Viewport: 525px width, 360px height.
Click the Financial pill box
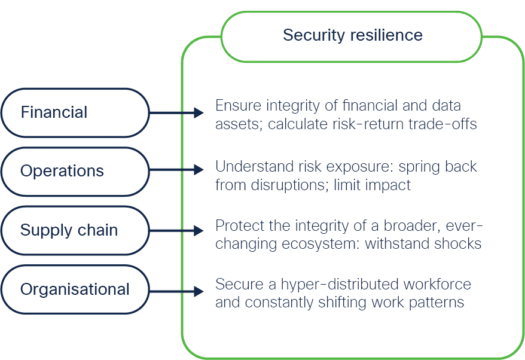click(75, 113)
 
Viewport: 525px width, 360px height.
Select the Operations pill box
click(75, 172)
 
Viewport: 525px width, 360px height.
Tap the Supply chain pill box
click(75, 230)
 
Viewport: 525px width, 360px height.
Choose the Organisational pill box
click(75, 289)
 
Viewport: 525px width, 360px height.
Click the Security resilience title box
click(352, 36)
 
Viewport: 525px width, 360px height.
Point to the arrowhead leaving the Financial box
click(199, 113)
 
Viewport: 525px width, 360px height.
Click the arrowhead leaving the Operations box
click(199, 170)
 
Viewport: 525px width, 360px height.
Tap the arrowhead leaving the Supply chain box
click(199, 231)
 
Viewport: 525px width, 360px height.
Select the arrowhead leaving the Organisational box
click(199, 291)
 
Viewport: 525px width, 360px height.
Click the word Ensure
click(239, 105)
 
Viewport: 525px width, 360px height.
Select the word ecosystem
click(321, 244)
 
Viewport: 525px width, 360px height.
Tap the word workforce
click(437, 284)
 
